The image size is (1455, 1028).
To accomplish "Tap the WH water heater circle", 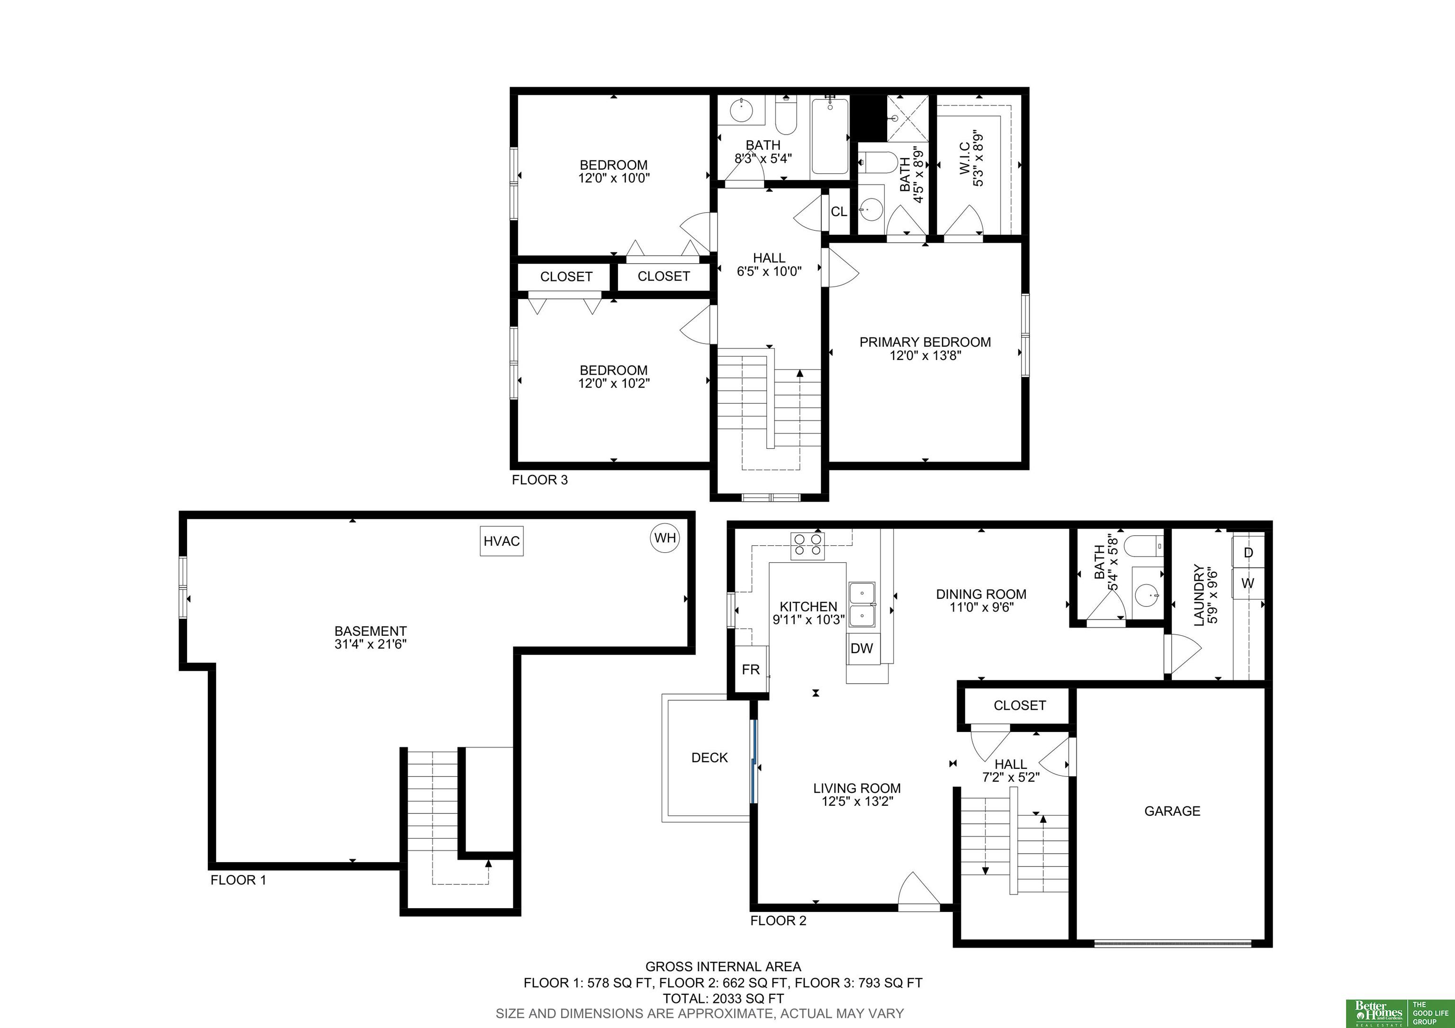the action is click(665, 538).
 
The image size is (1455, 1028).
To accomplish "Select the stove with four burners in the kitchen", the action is click(808, 546).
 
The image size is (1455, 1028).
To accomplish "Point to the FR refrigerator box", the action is click(751, 670).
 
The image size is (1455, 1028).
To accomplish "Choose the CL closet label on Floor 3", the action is click(839, 212).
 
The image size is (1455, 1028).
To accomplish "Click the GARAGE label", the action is click(1172, 811).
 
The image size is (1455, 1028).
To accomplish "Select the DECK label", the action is click(709, 757).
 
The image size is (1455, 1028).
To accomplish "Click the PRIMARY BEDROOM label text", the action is click(925, 342).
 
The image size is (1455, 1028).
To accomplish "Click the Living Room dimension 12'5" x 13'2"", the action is click(857, 802).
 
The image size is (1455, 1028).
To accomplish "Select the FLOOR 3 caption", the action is click(540, 480).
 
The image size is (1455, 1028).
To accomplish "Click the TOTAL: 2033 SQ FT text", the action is click(723, 998).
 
